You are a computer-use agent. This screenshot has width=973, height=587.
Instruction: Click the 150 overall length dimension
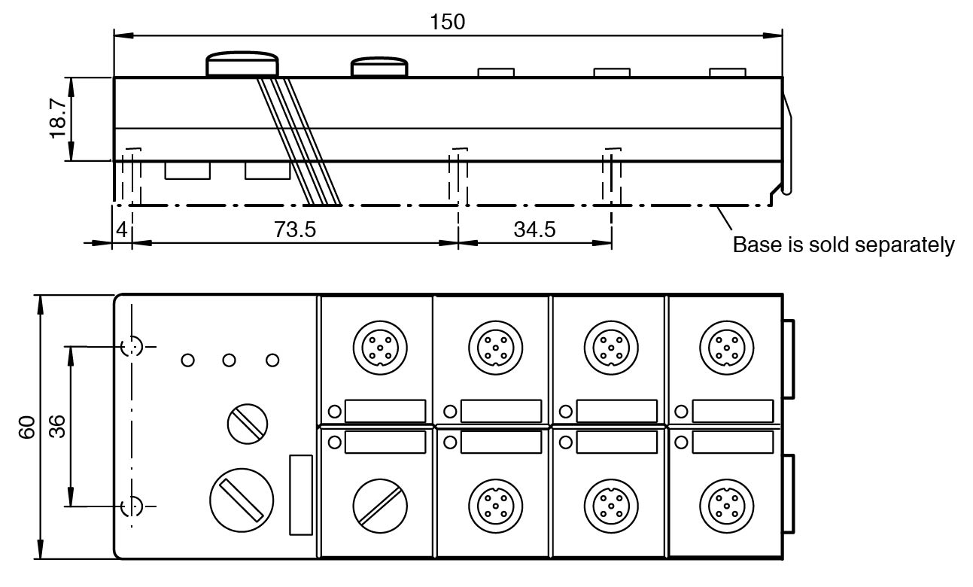pyautogui.click(x=447, y=23)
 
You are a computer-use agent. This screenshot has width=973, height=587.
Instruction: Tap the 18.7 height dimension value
pyautogui.click(x=59, y=118)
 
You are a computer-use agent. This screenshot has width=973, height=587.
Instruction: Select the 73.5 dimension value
pyautogui.click(x=295, y=230)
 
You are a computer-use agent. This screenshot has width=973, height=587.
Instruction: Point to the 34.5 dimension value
pyautogui.click(x=534, y=230)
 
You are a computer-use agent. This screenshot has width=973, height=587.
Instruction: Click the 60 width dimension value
pyautogui.click(x=28, y=427)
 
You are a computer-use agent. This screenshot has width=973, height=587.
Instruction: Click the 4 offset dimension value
pyautogui.click(x=122, y=230)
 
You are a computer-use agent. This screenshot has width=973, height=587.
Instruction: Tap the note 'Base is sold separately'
pyautogui.click(x=844, y=245)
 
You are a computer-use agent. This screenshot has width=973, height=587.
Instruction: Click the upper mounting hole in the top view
pyautogui.click(x=132, y=346)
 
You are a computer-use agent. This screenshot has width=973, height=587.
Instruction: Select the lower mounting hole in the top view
pyautogui.click(x=132, y=506)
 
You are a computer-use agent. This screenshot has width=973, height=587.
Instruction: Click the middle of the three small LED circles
pyautogui.click(x=230, y=360)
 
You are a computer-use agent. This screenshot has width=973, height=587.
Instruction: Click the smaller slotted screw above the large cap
pyautogui.click(x=248, y=423)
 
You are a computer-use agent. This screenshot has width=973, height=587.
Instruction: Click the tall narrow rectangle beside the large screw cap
pyautogui.click(x=300, y=494)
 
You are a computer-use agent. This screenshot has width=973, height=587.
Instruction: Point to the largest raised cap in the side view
pyautogui.click(x=242, y=64)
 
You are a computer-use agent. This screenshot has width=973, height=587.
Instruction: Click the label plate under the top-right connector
pyautogui.click(x=732, y=411)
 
